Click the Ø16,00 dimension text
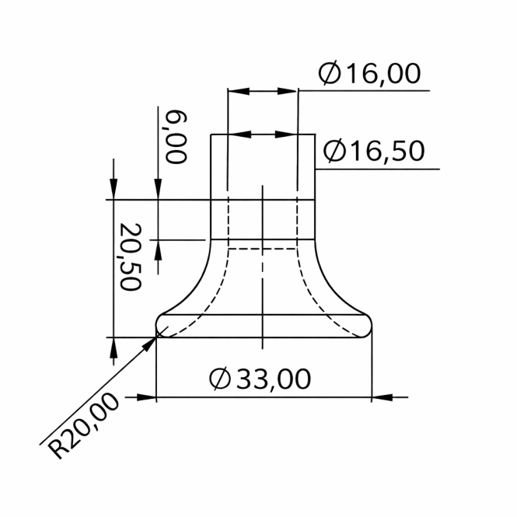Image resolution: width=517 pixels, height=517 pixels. pos(369,73)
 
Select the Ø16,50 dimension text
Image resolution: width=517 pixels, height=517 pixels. pos(374,151)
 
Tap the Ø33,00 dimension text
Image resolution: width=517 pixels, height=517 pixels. pos(260,379)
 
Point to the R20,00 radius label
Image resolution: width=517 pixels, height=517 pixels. pos(83,426)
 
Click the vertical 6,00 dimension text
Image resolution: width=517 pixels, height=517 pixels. pos(176,137)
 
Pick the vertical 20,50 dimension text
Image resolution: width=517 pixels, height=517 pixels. pos(131,257)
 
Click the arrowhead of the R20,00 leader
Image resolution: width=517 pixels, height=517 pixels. pos(148,344)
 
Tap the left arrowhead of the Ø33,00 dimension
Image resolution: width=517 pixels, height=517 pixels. pos(146,397)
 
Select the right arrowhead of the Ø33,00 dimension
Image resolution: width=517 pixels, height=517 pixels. pos(382,397)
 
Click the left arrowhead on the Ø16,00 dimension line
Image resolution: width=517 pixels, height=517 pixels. pos(239,91)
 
